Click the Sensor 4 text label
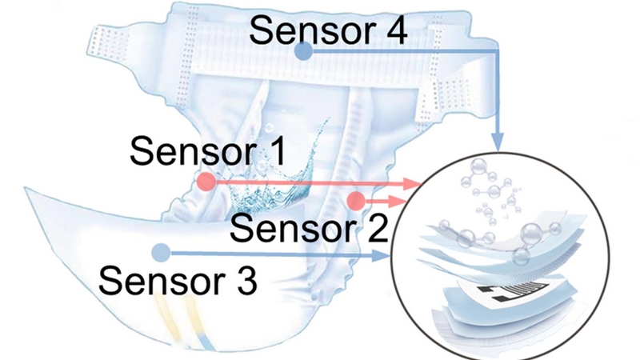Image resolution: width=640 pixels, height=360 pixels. pyautogui.click(x=328, y=30)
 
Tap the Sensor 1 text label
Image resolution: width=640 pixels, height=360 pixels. pyautogui.click(x=208, y=151)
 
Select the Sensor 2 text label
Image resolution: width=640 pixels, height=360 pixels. pyautogui.click(x=309, y=228)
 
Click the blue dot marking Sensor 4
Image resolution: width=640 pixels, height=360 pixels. pyautogui.click(x=303, y=51)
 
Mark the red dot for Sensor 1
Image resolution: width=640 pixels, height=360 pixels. pyautogui.click(x=206, y=182)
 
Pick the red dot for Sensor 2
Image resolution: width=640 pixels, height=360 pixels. pyautogui.click(x=356, y=201)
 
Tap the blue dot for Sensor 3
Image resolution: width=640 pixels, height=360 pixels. pyautogui.click(x=162, y=253)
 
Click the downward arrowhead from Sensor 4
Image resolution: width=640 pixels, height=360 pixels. pyautogui.click(x=497, y=142)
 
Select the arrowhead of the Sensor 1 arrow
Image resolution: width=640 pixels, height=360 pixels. pyautogui.click(x=412, y=184)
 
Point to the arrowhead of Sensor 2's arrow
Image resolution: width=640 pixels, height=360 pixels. pyautogui.click(x=398, y=202)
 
